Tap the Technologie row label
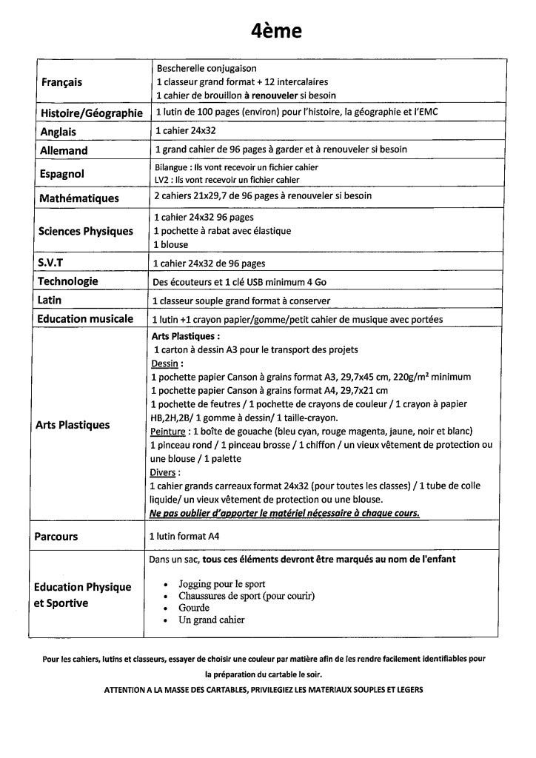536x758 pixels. pyautogui.click(x=67, y=281)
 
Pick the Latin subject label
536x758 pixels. pyautogui.click(x=50, y=300)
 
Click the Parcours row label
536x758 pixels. pyautogui.click(x=56, y=536)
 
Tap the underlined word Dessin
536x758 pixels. pyautogui.click(x=165, y=363)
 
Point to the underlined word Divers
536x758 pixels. pyautogui.click(x=164, y=472)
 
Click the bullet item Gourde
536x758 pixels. pyautogui.click(x=194, y=608)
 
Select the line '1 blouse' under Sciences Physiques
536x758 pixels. pyautogui.click(x=170, y=244)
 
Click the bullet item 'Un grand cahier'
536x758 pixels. pyautogui.click(x=211, y=620)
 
